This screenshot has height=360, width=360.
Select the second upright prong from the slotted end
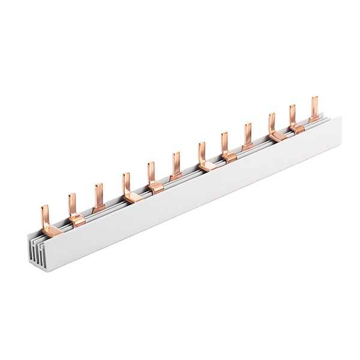click(x=71, y=203)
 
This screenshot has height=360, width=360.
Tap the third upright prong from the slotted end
click(x=97, y=194)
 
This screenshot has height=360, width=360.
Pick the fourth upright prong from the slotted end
click(x=126, y=182)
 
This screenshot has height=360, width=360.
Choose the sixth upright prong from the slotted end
click(x=176, y=163)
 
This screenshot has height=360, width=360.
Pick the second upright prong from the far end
click(x=293, y=115)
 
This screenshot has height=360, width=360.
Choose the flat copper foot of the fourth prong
click(x=133, y=196)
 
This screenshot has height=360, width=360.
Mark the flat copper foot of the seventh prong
click(x=208, y=166)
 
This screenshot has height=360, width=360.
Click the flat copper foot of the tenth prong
click(x=277, y=137)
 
